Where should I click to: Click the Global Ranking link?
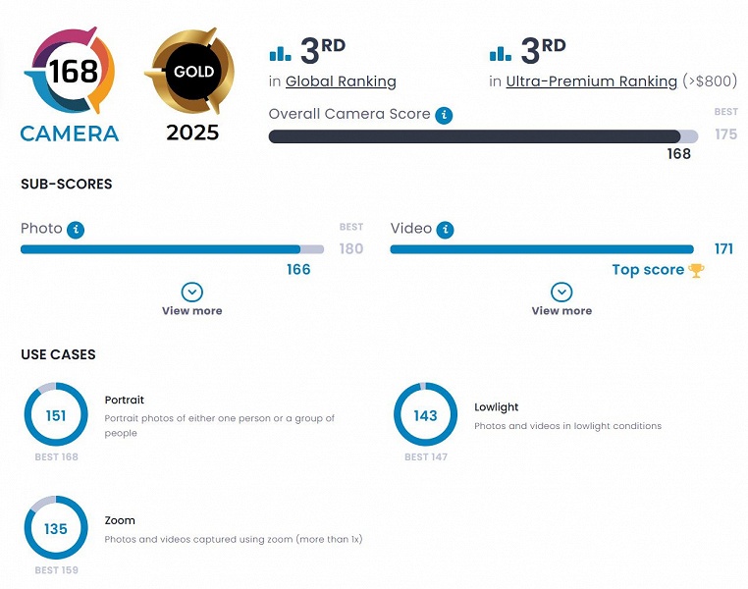point(341,81)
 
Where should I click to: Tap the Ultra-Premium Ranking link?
point(591,81)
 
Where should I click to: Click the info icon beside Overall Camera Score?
point(445,115)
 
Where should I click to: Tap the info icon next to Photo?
point(76,229)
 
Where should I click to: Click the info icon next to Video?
point(446,229)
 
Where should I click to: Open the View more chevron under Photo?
point(192,293)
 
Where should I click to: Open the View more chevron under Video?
point(561,293)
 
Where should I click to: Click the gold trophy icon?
point(696,270)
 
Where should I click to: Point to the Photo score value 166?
point(298,270)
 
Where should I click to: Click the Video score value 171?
point(723,249)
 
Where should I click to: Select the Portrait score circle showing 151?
point(56,415)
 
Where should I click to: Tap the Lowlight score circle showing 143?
point(425,415)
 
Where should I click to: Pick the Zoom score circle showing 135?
point(56,529)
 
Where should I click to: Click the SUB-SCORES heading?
point(66,184)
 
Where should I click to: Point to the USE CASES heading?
point(58,354)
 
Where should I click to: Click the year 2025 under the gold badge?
point(192,133)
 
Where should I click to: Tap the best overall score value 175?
point(725,134)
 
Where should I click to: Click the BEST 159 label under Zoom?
point(56,570)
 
